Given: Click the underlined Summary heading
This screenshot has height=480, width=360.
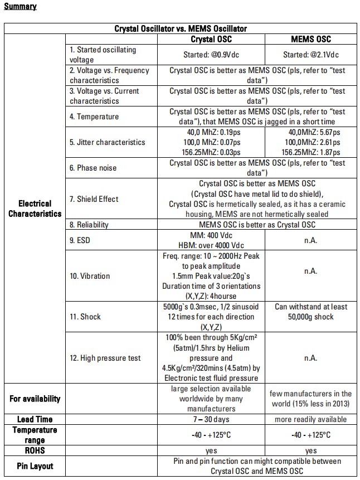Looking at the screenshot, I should coord(20,7).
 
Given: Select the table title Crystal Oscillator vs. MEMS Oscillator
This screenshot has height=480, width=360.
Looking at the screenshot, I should coord(181,28).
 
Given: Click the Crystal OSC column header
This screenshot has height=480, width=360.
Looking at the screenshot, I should coord(211,39).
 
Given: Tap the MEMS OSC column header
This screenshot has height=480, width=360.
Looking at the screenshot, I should coord(310,39).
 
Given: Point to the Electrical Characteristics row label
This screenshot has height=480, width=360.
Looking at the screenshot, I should coord(35,209).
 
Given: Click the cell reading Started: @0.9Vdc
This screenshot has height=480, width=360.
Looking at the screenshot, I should coord(211,55).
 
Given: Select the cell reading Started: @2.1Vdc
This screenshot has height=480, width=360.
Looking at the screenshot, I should coord(310,55).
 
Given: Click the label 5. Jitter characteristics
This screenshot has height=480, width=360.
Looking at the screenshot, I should coord(107,142).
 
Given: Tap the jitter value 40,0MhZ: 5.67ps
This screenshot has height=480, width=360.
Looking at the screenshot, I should coord(310,132).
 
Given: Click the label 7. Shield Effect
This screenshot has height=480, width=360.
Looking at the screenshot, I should coord(94,199).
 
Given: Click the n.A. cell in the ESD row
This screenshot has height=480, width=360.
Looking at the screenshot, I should coord(310,240).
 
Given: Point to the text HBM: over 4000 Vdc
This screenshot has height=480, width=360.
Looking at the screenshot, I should coord(211,245).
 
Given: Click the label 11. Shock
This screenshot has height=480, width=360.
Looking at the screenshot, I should coord(85,317).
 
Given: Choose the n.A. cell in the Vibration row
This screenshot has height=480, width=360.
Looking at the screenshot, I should coord(310,271).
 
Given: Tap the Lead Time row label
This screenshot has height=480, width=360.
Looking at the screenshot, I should coord(35,419).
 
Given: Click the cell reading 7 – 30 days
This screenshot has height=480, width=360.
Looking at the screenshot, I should coord(211,419).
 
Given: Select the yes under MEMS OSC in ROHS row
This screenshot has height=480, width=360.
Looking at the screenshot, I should coord(310,450).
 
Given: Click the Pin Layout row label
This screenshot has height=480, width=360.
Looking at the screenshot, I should coord(35,466).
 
